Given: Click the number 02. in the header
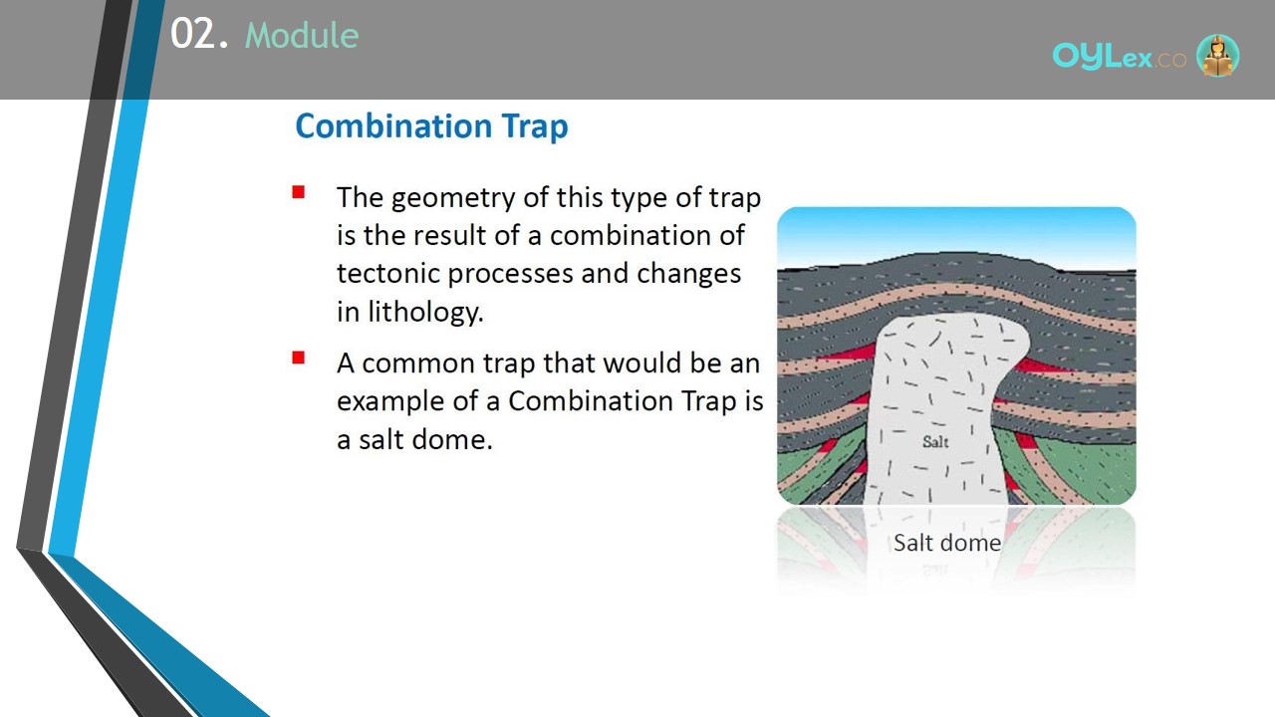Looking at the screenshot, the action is click(200, 34).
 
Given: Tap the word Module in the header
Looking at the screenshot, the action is click(302, 35).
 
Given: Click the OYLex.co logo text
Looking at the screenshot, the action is click(1119, 57).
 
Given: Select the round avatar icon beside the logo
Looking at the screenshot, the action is click(1217, 55).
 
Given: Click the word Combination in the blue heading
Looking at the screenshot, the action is click(393, 125).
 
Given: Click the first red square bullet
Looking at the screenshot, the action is click(298, 192).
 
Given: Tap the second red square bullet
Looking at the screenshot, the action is click(298, 358).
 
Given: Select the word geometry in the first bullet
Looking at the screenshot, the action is click(453, 199).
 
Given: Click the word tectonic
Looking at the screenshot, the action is click(387, 274).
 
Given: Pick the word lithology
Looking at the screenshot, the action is click(425, 313).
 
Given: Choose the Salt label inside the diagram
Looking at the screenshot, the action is click(935, 441).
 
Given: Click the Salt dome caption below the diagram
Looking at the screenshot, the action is click(947, 543).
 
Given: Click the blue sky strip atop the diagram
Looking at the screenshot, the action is click(956, 233).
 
